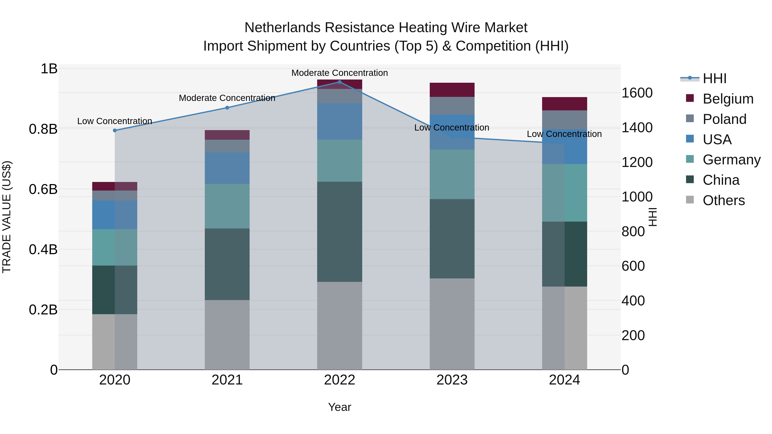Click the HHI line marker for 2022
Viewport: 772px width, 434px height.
click(x=339, y=82)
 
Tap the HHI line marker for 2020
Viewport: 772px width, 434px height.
click(x=115, y=130)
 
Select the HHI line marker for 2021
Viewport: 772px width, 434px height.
click(x=227, y=108)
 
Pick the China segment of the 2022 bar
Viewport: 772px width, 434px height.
click(x=339, y=231)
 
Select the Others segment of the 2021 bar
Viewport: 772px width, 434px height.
click(x=227, y=335)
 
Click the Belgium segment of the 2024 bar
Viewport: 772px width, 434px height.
click(x=564, y=104)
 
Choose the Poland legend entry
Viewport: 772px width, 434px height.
click(x=724, y=119)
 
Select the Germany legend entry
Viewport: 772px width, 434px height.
click(x=731, y=160)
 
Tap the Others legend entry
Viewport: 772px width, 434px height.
click(x=724, y=200)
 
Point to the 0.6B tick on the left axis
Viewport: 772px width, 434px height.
click(x=43, y=189)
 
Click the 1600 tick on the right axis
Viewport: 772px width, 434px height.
click(x=637, y=93)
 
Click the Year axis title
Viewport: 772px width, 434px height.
click(x=339, y=407)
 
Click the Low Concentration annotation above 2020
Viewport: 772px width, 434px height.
click(x=115, y=121)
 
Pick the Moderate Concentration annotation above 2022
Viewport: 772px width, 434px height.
click(x=339, y=73)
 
